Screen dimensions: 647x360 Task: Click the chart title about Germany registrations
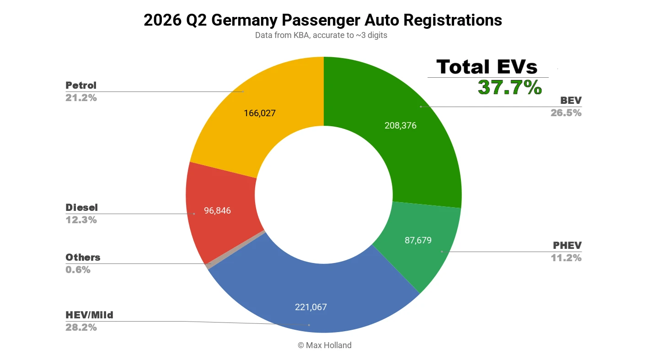[x=323, y=20]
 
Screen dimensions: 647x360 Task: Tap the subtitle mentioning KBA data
[x=321, y=35]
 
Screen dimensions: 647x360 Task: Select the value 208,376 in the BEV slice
[x=401, y=125]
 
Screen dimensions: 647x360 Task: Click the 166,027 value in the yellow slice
[x=260, y=113]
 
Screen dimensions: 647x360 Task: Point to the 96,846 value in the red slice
[x=217, y=210]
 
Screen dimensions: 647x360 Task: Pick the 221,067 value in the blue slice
[x=311, y=307]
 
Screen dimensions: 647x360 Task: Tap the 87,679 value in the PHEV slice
[x=418, y=240]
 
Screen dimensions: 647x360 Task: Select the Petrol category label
[x=81, y=85]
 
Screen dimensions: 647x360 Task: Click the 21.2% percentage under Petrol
[x=81, y=98]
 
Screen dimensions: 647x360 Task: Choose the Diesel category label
[x=82, y=208]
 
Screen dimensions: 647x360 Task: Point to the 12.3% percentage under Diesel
[x=81, y=220]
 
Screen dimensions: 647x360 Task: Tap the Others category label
[x=83, y=257]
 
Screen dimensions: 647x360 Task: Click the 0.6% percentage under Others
[x=78, y=270]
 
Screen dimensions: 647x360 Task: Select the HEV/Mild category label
[x=90, y=315]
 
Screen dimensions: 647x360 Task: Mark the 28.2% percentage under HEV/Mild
[x=81, y=328]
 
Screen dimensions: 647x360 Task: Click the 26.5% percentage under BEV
[x=566, y=113]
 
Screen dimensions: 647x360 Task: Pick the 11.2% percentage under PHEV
[x=566, y=258]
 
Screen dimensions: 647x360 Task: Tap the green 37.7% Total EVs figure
[x=510, y=87]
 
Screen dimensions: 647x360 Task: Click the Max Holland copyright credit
[x=325, y=345]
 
